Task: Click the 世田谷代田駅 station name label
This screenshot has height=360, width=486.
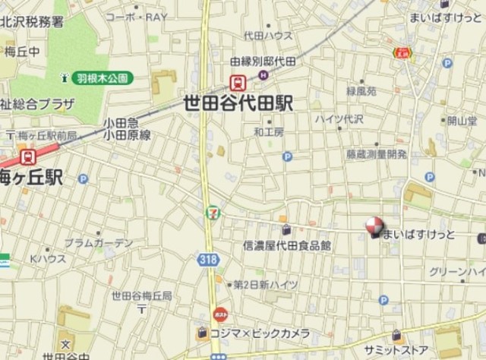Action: [238, 105]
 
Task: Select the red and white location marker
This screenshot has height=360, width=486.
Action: [374, 227]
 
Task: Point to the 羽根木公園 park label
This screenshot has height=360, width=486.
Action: [103, 77]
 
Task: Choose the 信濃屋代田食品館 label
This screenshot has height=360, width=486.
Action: [286, 245]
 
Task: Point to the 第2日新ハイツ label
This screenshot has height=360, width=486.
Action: [265, 284]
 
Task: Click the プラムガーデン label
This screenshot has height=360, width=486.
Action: [98, 243]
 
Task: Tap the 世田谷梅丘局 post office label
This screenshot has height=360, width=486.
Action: [141, 295]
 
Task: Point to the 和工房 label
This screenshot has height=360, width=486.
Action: [269, 131]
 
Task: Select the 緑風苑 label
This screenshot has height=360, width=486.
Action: [361, 90]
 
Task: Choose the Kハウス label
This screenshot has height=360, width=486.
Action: [49, 259]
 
